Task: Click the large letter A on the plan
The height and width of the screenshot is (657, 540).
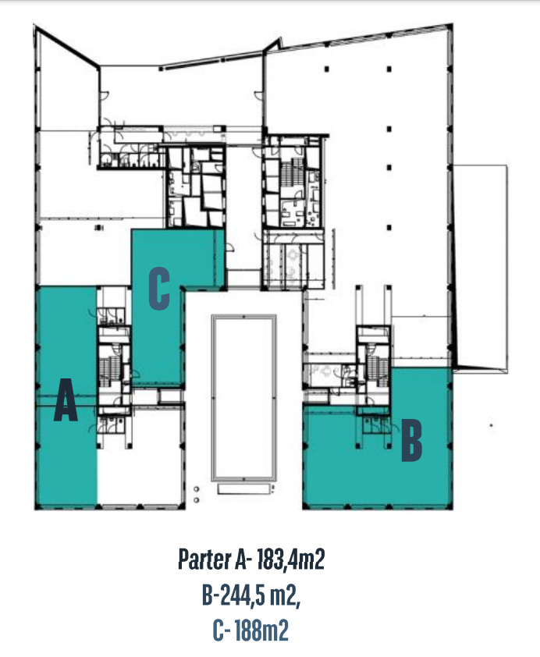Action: click(66, 400)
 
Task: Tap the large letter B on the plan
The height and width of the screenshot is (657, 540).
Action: click(412, 440)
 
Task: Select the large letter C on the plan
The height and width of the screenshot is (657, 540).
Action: click(159, 289)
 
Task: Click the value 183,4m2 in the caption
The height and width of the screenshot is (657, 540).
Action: click(290, 559)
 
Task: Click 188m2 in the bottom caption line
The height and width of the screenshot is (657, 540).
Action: click(261, 630)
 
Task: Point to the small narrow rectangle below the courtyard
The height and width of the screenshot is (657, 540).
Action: click(243, 489)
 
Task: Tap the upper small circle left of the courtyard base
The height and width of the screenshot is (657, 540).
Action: click(197, 489)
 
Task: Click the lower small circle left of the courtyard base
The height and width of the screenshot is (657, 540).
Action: click(197, 500)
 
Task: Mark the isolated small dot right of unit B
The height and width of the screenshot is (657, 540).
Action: click(492, 426)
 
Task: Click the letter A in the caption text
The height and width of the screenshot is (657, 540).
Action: click(241, 559)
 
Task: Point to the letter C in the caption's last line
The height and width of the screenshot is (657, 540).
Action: click(218, 630)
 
